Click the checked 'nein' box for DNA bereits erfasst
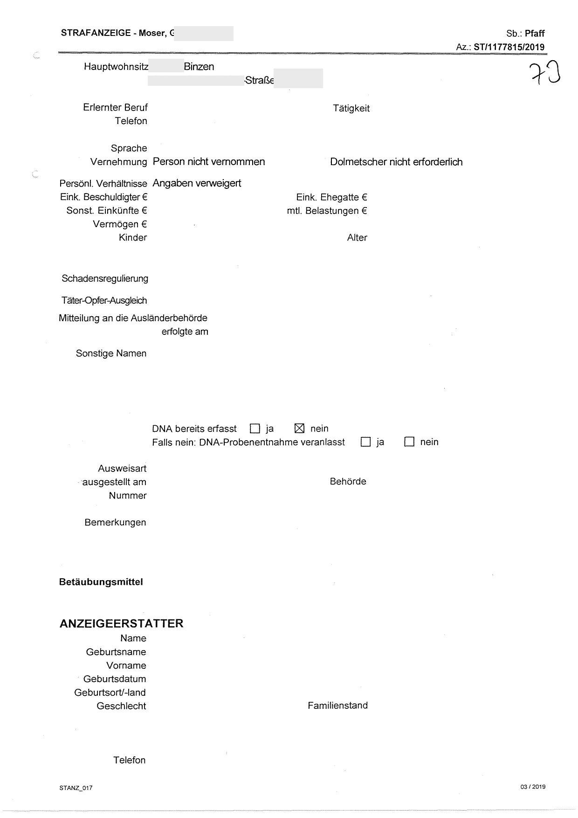300,428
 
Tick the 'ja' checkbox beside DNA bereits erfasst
255,428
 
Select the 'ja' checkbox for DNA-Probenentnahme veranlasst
365,442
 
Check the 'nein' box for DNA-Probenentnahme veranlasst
409,442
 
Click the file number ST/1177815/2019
509,47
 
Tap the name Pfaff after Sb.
535,34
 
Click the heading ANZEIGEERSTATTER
121,624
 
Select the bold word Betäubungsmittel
101,582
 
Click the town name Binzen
199,67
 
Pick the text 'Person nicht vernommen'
209,162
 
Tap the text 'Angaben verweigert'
197,183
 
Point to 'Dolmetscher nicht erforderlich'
396,162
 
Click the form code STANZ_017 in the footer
76,788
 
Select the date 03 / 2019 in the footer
533,787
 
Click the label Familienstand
337,706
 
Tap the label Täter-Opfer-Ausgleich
104,301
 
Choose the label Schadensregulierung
105,279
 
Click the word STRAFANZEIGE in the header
96,33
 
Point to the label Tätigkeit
351,109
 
